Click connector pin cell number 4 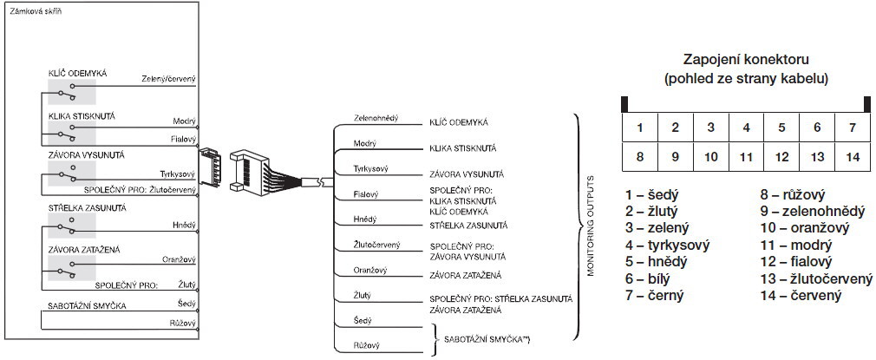(x=747, y=128)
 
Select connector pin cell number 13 (x=817, y=157)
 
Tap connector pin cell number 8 (x=640, y=157)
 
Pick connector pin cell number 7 (x=853, y=128)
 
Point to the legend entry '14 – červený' (x=801, y=295)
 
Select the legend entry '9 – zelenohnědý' (x=813, y=212)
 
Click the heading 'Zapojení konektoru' (x=747, y=59)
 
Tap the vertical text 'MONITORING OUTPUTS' (x=590, y=226)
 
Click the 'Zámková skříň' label (x=36, y=11)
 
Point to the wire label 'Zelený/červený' (x=169, y=80)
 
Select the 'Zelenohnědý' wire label (x=376, y=119)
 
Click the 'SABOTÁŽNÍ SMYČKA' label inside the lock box (x=87, y=305)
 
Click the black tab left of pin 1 (x=624, y=105)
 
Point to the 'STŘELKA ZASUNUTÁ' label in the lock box (x=87, y=208)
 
